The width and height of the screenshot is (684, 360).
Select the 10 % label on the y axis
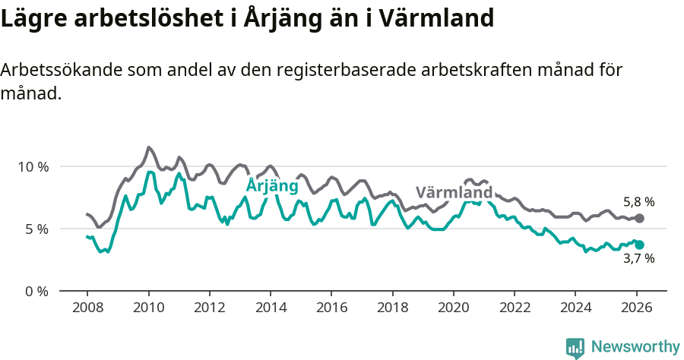tap(33, 166)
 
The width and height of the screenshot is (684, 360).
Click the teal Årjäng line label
tap(273, 186)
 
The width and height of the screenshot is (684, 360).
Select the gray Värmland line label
tap(454, 192)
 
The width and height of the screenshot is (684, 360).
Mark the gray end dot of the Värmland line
tap(640, 218)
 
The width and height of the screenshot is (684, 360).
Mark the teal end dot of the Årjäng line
tap(640, 245)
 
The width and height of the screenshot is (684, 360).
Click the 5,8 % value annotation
tap(638, 202)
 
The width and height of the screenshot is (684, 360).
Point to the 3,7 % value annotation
tap(638, 258)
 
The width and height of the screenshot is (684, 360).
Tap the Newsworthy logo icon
tap(575, 348)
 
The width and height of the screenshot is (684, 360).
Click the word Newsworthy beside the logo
tap(635, 347)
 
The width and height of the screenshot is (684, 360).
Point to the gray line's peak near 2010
tap(148, 147)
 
